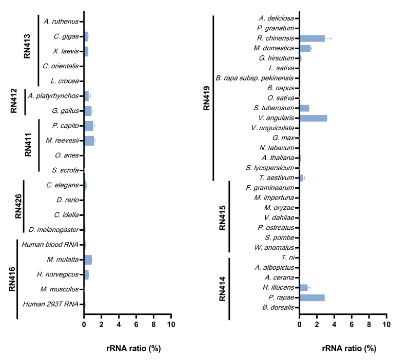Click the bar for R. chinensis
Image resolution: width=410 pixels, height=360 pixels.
point(312,38)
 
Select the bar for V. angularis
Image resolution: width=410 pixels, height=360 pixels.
point(313,118)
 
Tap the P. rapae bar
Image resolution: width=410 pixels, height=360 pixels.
point(312,297)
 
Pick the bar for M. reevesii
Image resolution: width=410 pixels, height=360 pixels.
point(89,140)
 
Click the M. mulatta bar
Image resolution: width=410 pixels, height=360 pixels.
point(88,259)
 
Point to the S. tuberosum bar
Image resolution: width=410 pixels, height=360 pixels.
point(304,108)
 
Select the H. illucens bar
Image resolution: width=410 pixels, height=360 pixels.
point(304,288)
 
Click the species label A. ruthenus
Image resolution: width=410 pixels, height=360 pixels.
point(61,21)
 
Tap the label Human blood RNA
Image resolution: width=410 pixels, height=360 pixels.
point(54,245)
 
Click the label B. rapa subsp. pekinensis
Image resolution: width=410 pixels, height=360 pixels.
point(255,78)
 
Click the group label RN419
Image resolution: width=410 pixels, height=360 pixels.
point(206,97)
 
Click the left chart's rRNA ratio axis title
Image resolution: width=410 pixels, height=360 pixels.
point(128,348)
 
